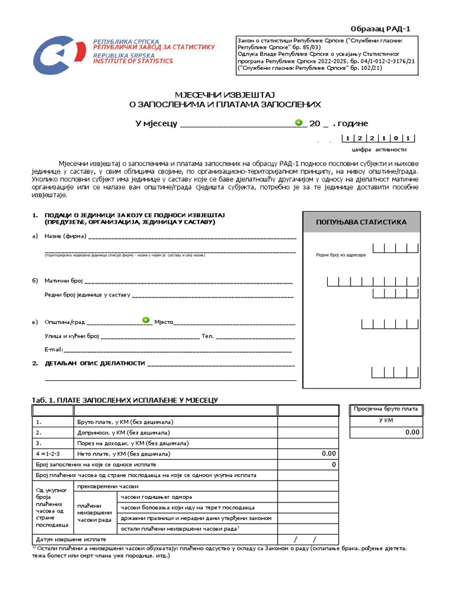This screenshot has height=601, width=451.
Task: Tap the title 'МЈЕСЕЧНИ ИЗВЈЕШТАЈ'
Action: (x=225, y=94)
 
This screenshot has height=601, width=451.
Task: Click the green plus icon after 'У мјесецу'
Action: (x=298, y=123)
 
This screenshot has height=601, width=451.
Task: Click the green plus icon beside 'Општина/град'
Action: (x=146, y=320)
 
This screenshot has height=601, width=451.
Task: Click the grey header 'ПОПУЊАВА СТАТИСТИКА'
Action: (x=361, y=222)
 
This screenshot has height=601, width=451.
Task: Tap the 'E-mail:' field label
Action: (x=54, y=349)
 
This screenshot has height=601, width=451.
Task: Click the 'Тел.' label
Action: (x=207, y=336)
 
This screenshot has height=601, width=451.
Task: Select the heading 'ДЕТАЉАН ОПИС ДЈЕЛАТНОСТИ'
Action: (x=95, y=363)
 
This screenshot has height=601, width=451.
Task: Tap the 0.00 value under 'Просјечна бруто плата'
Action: (x=412, y=432)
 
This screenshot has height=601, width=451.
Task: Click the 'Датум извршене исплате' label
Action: (x=71, y=539)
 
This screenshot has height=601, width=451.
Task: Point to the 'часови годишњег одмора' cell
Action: (x=156, y=497)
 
